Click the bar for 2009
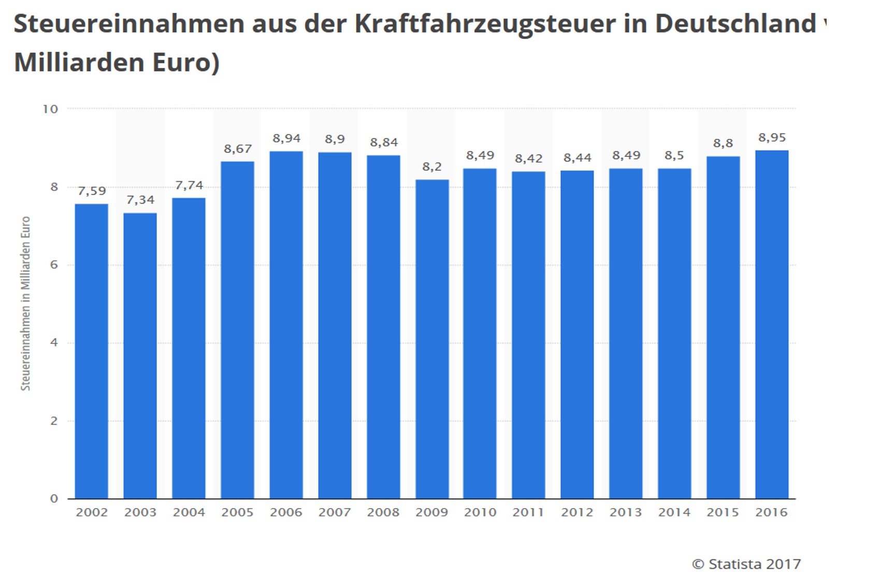tap(432, 339)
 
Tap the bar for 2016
tap(772, 324)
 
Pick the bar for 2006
tap(286, 325)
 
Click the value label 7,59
tap(92, 191)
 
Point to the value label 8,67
tap(238, 149)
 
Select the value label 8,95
tap(772, 138)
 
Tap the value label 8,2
tap(432, 167)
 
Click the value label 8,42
tap(528, 158)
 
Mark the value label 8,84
tap(384, 142)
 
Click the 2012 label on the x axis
tap(577, 512)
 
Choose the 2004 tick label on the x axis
tap(189, 512)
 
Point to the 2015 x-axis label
tap(723, 512)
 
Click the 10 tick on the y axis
tap(50, 109)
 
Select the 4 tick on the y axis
tap(54, 343)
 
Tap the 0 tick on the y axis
tap(54, 499)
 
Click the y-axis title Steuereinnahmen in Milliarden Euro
tap(25, 304)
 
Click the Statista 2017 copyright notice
tap(746, 564)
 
